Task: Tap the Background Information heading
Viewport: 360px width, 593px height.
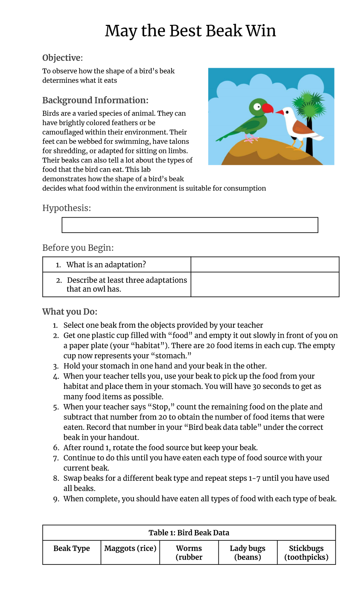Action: point(95,100)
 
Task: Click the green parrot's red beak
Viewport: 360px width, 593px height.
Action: point(268,108)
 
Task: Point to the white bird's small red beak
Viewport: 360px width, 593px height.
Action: point(280,113)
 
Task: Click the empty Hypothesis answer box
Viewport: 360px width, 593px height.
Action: point(190,225)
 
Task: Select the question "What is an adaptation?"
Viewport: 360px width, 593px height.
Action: point(106,265)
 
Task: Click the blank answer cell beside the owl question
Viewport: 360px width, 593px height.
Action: point(265,284)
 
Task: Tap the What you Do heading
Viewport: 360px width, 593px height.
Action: point(70,312)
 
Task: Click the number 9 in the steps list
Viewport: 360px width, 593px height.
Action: point(56,499)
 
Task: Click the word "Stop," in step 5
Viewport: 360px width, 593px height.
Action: point(161,407)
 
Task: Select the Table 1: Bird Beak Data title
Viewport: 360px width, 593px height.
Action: point(189,533)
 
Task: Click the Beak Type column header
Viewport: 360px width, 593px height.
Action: point(72,549)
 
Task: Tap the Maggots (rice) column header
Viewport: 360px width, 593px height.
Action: point(130,549)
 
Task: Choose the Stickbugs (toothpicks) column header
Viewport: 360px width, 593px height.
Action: point(306,553)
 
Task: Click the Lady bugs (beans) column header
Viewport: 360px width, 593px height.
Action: point(247,553)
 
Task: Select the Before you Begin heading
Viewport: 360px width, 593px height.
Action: point(78,248)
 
